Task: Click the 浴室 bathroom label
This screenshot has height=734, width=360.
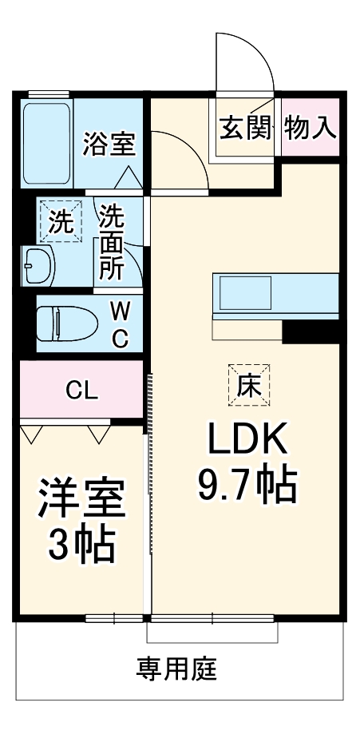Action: coord(110,144)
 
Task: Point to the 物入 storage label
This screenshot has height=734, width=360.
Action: coord(310,128)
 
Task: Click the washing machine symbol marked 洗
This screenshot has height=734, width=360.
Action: coord(61,220)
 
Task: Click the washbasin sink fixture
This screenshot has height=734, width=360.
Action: coord(38,264)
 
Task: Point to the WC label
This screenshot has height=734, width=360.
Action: coord(118,323)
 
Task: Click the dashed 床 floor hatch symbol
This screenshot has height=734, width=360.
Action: coord(248,385)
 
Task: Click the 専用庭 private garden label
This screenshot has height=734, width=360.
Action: coord(176,667)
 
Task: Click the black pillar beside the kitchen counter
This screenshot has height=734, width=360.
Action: coord(311,331)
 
